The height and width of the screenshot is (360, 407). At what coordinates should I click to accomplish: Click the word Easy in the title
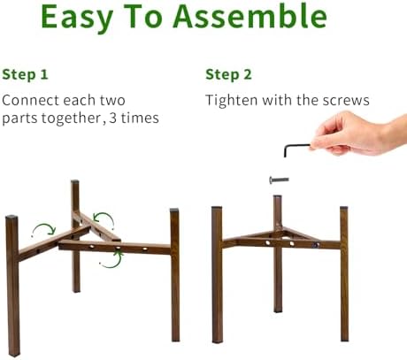(77, 18)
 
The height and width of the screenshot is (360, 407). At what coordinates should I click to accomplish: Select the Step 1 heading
(25, 74)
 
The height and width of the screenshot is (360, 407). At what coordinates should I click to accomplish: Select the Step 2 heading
(228, 74)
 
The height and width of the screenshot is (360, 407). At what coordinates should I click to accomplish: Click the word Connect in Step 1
(30, 101)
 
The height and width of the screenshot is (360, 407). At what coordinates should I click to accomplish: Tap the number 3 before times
(113, 118)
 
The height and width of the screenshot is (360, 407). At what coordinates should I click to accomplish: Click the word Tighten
(232, 100)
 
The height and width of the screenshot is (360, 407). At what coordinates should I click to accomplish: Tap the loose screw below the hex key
(279, 180)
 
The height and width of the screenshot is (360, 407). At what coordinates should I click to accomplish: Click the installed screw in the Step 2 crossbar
(316, 245)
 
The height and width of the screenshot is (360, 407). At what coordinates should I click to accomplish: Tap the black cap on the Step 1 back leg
(75, 182)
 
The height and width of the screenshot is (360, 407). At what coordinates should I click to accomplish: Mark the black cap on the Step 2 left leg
(217, 207)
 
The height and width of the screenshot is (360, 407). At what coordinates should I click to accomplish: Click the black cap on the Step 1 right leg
(174, 211)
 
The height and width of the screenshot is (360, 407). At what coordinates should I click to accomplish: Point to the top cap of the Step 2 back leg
(277, 196)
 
